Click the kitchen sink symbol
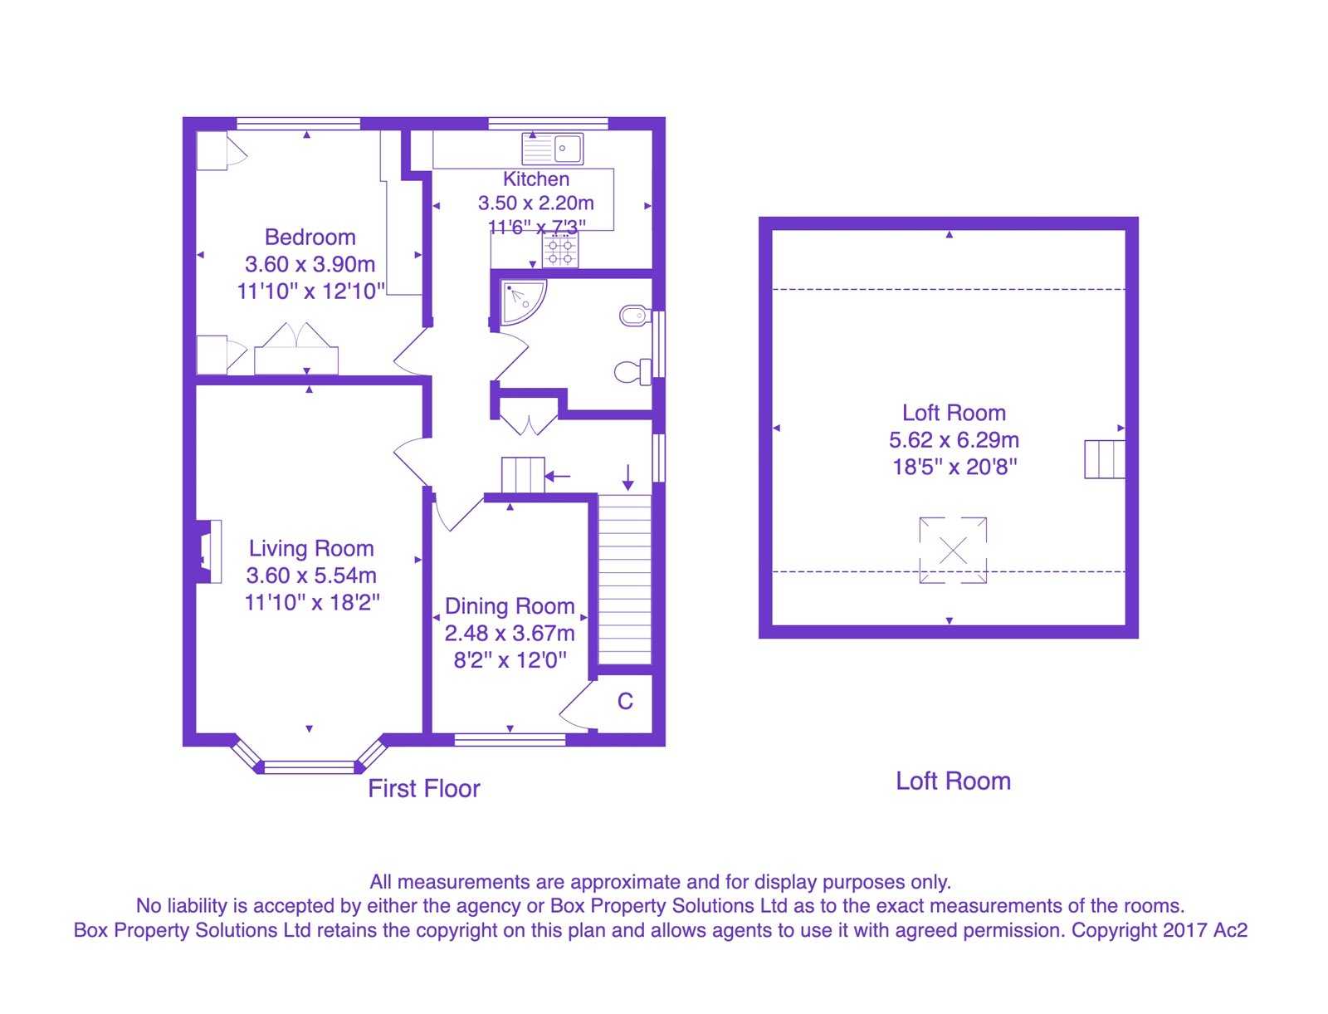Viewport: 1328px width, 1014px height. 553,149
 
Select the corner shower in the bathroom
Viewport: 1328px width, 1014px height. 522,301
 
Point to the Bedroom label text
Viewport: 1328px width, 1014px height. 310,238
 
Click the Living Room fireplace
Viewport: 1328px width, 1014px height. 208,551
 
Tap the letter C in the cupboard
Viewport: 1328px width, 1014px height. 625,702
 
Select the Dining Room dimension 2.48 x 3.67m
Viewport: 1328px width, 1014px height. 510,634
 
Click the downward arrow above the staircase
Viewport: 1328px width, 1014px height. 628,477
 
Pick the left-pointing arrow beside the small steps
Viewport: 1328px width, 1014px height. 558,477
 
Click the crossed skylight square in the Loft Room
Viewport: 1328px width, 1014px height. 953,550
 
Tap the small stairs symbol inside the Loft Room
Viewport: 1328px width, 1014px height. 1104,459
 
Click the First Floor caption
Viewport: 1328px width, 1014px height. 424,789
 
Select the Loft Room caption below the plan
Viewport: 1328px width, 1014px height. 953,781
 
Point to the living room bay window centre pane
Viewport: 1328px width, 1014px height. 310,767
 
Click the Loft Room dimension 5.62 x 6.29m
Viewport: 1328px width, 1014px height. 954,440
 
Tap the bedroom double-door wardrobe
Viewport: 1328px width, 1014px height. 296,350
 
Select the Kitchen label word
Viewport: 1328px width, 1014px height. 536,179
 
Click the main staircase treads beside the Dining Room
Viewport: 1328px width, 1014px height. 625,581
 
